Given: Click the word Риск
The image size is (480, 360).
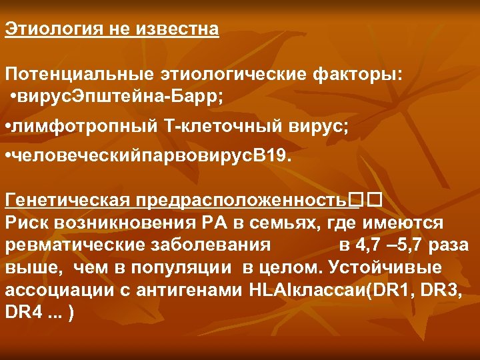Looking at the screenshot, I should [25, 222].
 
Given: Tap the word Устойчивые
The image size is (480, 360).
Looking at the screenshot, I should [407, 267].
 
